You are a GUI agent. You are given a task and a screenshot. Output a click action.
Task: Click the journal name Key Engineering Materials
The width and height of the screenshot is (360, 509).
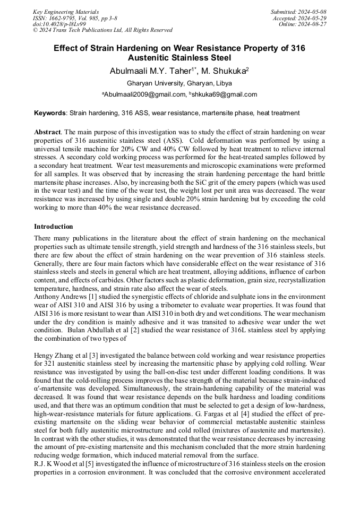click(x=66, y=11)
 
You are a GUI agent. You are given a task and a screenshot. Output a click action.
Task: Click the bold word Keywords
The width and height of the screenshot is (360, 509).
click(x=50, y=113)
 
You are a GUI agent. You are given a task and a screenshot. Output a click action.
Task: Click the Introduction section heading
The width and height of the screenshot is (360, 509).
click(x=54, y=227)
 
